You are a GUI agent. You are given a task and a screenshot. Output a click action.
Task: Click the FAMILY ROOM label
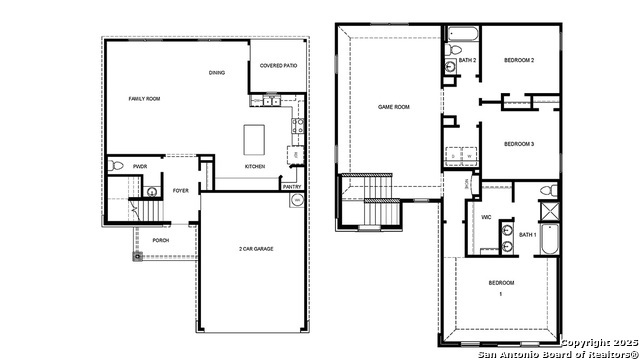(145, 99)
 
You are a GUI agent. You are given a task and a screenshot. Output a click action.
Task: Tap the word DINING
(217, 73)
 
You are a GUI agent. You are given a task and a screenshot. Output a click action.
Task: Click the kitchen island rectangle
(256, 136)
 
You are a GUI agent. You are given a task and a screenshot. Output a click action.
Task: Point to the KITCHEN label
(255, 166)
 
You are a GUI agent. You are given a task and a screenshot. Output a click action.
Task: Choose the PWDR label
(140, 166)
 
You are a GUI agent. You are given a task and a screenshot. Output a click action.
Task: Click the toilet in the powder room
(117, 166)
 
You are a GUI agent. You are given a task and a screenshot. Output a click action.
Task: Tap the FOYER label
(180, 190)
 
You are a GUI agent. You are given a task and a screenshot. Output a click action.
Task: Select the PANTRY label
(292, 186)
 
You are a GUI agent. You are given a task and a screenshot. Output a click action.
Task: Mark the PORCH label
(160, 240)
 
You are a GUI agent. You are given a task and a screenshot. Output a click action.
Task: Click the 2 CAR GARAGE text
(256, 248)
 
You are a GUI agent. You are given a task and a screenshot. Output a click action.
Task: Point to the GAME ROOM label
(393, 107)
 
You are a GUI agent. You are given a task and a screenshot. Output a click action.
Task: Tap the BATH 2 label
(467, 61)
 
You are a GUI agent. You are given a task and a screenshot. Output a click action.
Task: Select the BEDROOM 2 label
(519, 61)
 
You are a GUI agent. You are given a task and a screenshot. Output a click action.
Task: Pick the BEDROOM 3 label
(519, 144)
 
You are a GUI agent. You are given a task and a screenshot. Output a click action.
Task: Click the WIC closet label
(486, 217)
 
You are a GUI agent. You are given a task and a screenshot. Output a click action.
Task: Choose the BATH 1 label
(527, 235)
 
